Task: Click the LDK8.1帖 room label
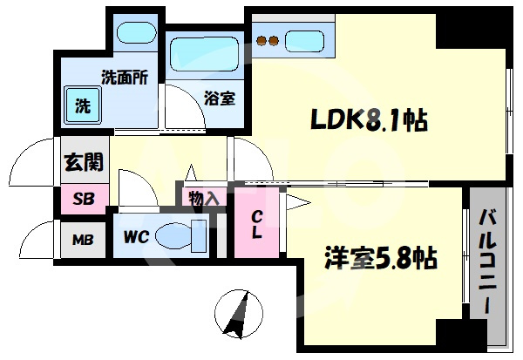[369, 120]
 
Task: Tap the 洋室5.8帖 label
[381, 258]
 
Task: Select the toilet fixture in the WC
[180, 236]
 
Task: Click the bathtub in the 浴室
[205, 54]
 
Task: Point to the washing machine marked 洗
[83, 105]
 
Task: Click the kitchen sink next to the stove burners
[304, 41]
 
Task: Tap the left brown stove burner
[261, 41]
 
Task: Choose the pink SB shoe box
[85, 199]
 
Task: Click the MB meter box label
[83, 240]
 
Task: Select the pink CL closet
[256, 223]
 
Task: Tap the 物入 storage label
[203, 199]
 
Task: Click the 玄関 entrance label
[84, 162]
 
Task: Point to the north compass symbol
[239, 314]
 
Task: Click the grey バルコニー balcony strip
[488, 253]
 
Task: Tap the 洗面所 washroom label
[125, 78]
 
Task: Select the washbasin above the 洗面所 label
[137, 33]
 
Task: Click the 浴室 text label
[221, 98]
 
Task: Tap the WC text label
[136, 237]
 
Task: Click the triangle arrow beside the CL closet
[298, 202]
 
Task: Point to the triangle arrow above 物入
[191, 173]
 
